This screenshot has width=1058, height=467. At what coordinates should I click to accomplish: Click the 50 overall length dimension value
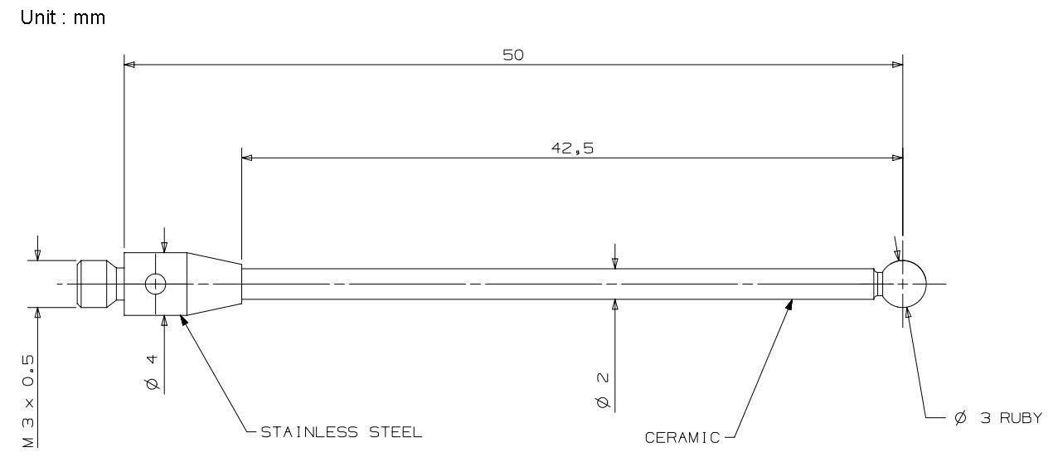pyautogui.click(x=513, y=55)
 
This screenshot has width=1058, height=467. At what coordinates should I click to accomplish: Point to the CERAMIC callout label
pyautogui.click(x=682, y=438)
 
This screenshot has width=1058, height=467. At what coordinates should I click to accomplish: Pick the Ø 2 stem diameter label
pyautogui.click(x=603, y=390)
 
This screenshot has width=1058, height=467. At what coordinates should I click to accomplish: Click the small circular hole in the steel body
pyautogui.click(x=155, y=284)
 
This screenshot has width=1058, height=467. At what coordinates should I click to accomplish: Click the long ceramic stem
pyautogui.click(x=556, y=284)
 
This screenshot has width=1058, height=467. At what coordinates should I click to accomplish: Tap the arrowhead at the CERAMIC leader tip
pyautogui.click(x=789, y=304)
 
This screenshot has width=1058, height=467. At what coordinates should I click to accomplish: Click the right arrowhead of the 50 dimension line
pyautogui.click(x=897, y=64)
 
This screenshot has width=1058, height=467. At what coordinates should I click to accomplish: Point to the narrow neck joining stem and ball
pyautogui.click(x=878, y=284)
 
